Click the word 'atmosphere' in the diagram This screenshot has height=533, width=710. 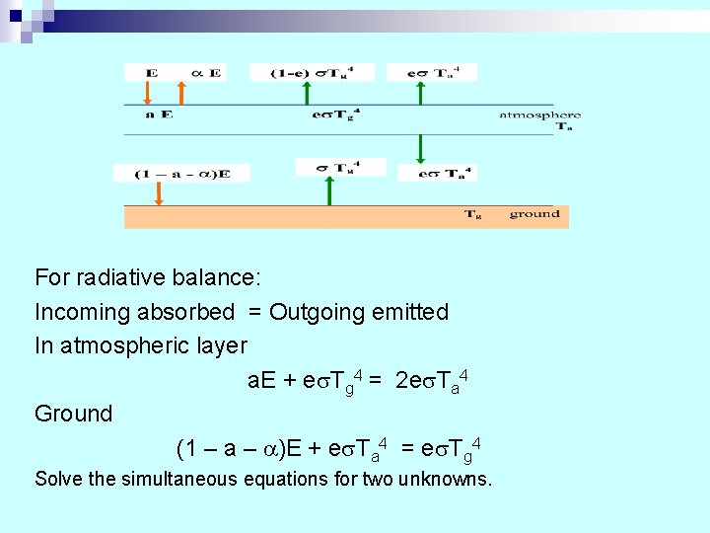pyautogui.click(x=539, y=114)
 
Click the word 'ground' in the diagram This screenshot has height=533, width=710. pyautogui.click(x=534, y=213)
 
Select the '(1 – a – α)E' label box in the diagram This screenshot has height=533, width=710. pyautogui.click(x=172, y=174)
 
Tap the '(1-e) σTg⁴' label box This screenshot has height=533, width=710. pyautogui.click(x=298, y=72)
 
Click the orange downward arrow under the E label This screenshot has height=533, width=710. pyautogui.click(x=147, y=93)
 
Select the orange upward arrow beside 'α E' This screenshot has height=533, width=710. pyautogui.click(x=181, y=93)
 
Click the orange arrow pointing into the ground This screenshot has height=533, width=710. pyautogui.click(x=158, y=194)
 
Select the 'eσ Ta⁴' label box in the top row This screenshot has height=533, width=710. pyautogui.click(x=431, y=72)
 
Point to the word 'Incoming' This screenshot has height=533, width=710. pyautogui.click(x=82, y=313)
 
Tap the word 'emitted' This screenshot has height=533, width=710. pyautogui.click(x=410, y=313)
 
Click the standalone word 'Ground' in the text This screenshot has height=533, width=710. pyautogui.click(x=74, y=414)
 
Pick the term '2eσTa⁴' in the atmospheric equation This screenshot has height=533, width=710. pyautogui.click(x=430, y=380)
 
